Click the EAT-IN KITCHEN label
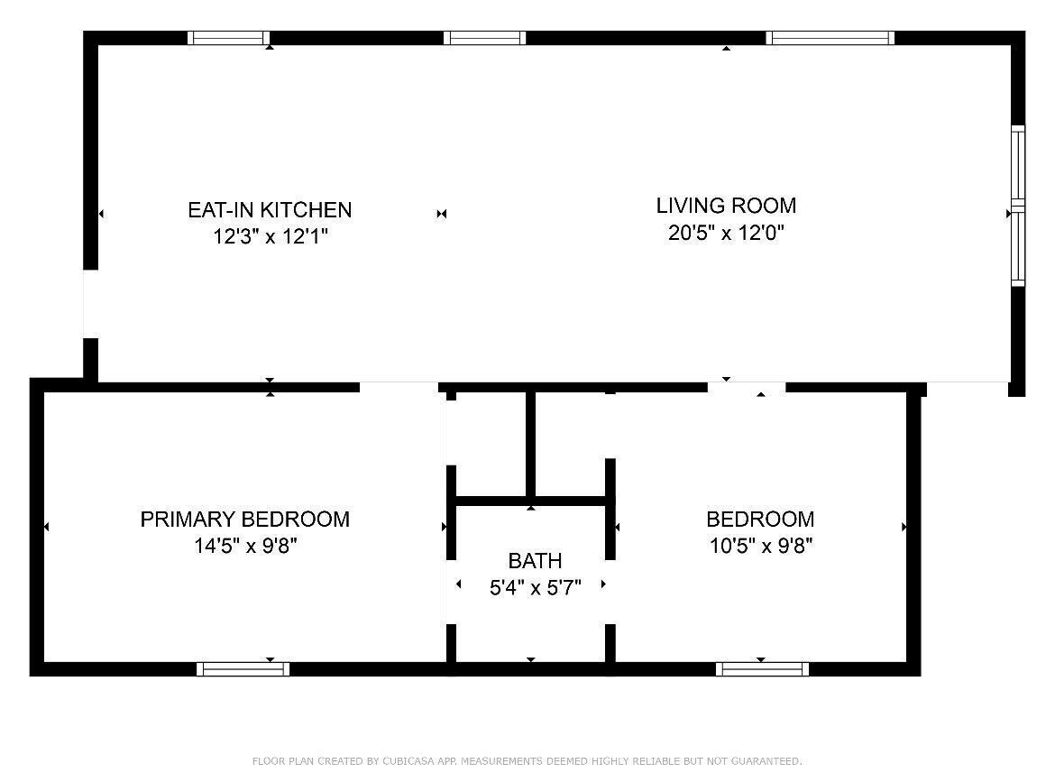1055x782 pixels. [270, 210]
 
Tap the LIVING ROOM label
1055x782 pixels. [726, 206]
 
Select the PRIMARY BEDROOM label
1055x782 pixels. [244, 520]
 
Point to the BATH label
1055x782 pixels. [535, 561]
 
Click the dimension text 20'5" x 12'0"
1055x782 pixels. [726, 234]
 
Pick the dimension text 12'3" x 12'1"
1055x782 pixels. [270, 237]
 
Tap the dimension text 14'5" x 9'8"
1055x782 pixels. [244, 547]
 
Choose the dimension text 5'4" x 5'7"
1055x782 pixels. [535, 588]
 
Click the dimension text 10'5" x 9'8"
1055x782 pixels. [760, 547]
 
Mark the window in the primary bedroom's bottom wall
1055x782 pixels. [243, 669]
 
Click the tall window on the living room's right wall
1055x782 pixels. [1017, 206]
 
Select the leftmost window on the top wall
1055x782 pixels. [228, 38]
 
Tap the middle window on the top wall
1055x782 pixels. [484, 38]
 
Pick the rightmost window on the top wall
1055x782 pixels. [830, 38]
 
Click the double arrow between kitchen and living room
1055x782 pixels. [442, 214]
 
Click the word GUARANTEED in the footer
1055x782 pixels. [766, 761]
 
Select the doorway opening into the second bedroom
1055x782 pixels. [746, 388]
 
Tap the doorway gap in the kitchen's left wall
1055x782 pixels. [90, 304]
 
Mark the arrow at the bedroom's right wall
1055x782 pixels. [904, 527]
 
